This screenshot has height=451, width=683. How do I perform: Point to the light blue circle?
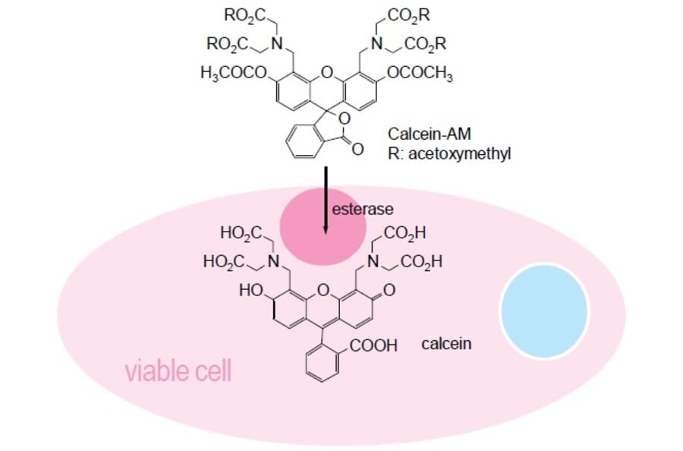[544, 310]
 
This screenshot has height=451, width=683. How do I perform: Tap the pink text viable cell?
[178, 372]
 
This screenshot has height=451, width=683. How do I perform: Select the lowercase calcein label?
[446, 344]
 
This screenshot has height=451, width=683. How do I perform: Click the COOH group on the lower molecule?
[374, 346]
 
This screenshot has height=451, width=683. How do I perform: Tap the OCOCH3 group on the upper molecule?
[420, 73]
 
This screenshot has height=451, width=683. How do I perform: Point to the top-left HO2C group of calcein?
[241, 232]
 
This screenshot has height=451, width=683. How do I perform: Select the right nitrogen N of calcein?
[373, 262]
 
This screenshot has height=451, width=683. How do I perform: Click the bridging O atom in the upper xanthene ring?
[327, 73]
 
